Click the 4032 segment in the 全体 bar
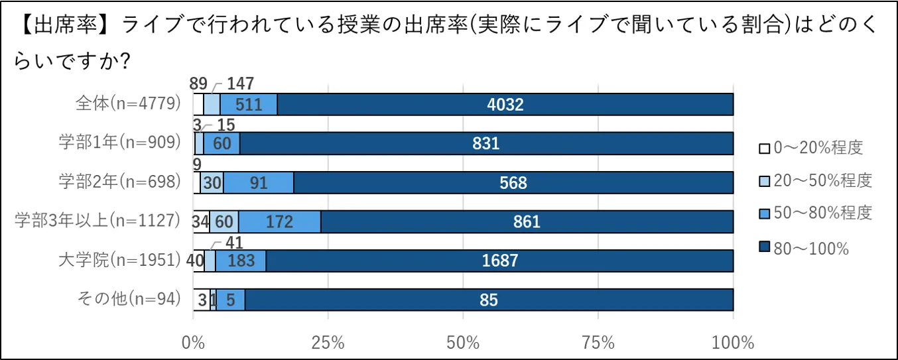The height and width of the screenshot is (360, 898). (505, 105)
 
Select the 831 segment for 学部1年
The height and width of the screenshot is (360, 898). (486, 143)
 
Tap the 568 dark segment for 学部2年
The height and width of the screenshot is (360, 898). (513, 182)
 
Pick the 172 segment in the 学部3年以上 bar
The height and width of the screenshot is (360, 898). (279, 221)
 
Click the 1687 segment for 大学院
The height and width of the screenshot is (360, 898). (499, 261)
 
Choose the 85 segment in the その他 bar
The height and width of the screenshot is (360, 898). (489, 300)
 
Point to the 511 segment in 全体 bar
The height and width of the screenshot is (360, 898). (249, 105)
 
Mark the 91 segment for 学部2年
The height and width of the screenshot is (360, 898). (258, 182)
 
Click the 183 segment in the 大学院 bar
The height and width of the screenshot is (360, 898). (241, 261)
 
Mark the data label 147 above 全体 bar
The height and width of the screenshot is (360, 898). (241, 84)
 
